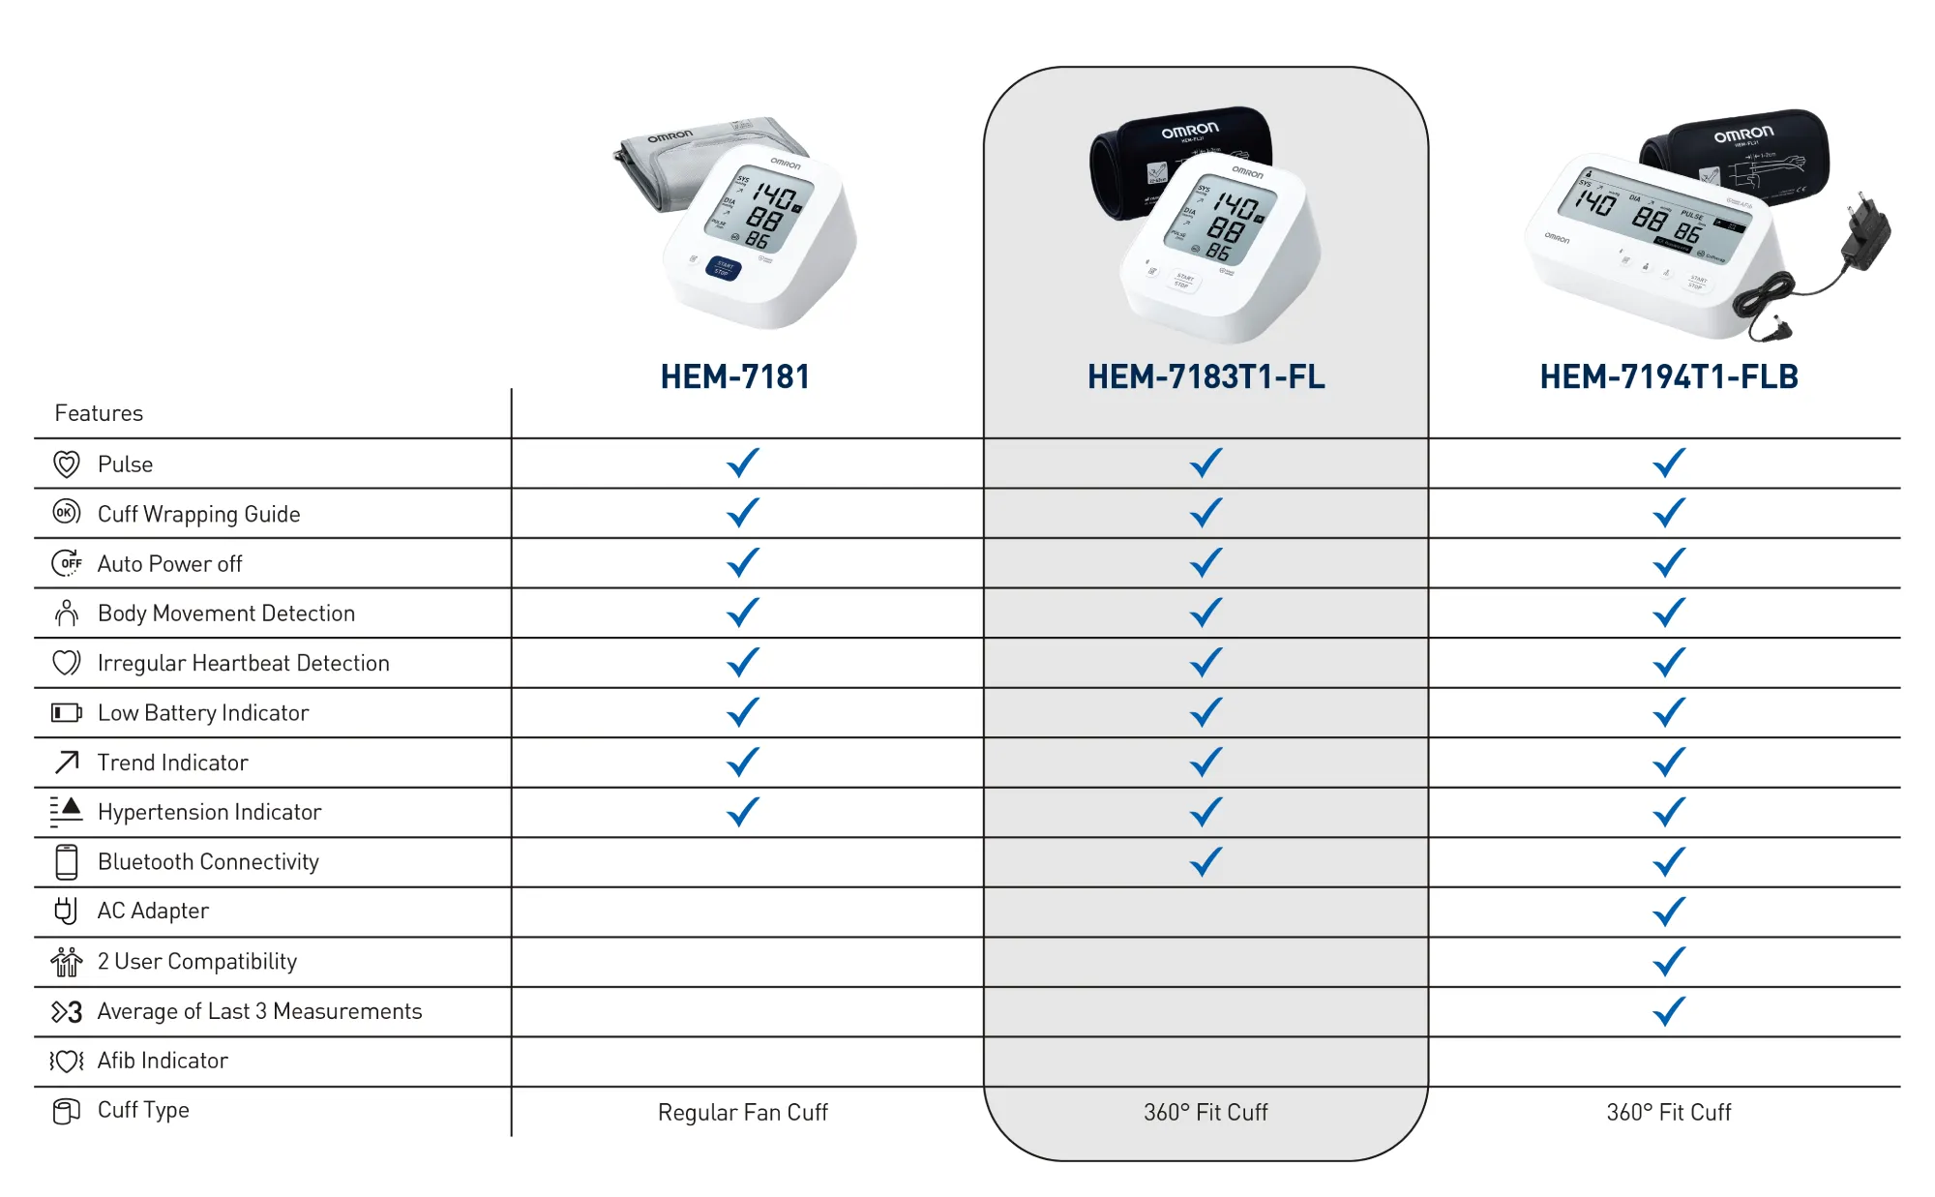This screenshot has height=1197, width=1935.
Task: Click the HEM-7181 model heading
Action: (x=735, y=376)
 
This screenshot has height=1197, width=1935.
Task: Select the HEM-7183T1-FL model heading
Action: (x=1206, y=376)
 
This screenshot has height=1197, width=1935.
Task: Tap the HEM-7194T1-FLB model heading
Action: (x=1669, y=376)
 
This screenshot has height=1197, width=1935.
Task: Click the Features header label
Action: (x=99, y=413)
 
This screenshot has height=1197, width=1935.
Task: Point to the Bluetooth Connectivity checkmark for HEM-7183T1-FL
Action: (x=1206, y=861)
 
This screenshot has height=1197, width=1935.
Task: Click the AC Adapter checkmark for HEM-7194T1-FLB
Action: (x=1669, y=911)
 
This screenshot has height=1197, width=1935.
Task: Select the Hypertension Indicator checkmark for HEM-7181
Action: (x=742, y=812)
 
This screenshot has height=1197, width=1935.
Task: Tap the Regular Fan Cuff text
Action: (x=742, y=1112)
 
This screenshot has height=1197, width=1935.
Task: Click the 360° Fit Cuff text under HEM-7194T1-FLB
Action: (x=1669, y=1112)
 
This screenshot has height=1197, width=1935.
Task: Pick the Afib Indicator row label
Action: (x=163, y=1061)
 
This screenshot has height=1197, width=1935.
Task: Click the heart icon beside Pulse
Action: (x=66, y=464)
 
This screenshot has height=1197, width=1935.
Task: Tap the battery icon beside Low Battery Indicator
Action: (x=66, y=713)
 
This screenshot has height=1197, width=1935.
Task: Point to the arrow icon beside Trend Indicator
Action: (x=66, y=763)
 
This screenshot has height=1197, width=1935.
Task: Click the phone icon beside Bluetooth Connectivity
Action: (x=66, y=861)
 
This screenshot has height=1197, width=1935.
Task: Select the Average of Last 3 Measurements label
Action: (x=259, y=1011)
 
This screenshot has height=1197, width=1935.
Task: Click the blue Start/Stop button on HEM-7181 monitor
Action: (x=724, y=268)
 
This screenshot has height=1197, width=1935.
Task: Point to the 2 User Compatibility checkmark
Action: (x=1669, y=961)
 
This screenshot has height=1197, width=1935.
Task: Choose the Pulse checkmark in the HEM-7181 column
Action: (x=742, y=464)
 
